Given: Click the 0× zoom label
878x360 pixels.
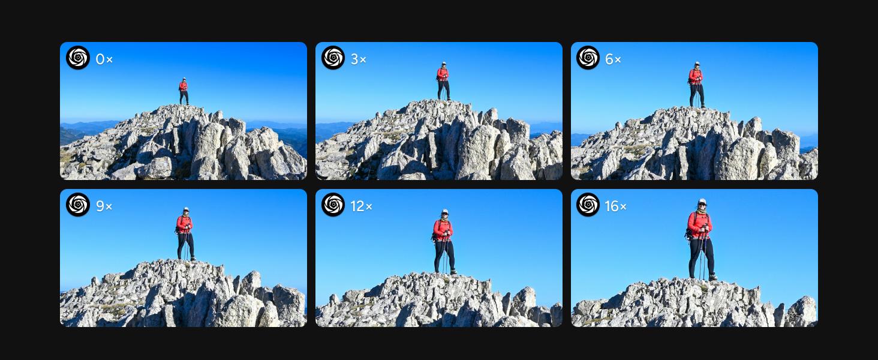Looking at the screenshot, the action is [104, 59].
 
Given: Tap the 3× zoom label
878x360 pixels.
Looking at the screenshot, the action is [358, 59].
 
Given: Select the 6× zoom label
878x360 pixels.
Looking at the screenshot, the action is [613, 59].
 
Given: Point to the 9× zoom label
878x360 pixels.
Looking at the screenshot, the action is [104, 206].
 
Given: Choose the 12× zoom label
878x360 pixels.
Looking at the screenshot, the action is [362, 206].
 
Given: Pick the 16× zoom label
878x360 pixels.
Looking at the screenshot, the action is [616, 206].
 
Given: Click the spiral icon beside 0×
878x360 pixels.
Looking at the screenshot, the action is [78, 58].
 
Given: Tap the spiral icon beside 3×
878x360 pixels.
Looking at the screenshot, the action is [333, 58].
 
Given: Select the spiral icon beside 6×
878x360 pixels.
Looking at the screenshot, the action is [588, 58].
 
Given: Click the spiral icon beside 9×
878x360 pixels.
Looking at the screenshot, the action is [78, 205].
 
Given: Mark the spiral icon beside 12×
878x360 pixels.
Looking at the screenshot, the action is [333, 205].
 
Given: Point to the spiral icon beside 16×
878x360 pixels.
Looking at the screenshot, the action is [588, 205].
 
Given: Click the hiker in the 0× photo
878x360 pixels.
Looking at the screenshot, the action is [184, 91].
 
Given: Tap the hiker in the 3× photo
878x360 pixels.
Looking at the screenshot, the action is [443, 81].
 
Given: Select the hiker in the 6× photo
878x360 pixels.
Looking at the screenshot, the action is [696, 85].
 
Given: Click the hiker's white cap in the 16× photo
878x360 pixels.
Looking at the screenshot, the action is [702, 202].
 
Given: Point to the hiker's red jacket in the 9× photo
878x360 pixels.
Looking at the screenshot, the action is [184, 224].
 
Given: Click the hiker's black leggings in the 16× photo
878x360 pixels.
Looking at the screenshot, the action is [701, 257].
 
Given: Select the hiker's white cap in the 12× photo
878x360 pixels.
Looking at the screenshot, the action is [444, 212].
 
